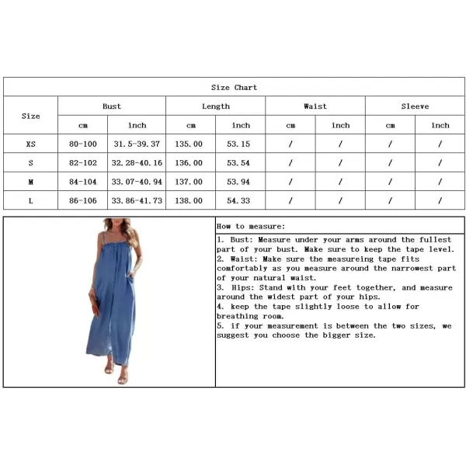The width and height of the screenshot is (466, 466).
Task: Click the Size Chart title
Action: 234,87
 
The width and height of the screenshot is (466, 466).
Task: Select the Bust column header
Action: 112,106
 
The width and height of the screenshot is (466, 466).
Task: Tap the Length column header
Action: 216,106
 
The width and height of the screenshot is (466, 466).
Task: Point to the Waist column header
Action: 315,106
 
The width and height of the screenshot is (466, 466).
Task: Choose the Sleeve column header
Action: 415,106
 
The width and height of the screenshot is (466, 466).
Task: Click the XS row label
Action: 30,144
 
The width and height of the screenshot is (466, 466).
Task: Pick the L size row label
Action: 30,201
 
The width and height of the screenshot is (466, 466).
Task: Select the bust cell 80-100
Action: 83,144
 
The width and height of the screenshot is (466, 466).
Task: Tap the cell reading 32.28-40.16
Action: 137,163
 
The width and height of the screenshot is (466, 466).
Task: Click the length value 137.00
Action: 189,182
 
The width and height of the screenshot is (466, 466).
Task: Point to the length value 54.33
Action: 238,200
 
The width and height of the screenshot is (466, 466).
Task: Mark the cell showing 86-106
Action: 83,200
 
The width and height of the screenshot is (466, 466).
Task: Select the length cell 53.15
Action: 238,144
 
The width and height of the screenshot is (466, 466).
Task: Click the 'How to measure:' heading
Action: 251,227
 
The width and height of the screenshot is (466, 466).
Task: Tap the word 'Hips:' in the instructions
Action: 243,287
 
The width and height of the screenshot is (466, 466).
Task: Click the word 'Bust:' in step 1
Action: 242,240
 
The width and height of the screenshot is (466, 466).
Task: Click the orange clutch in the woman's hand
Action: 95,305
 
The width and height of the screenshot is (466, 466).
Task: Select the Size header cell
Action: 30,116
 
